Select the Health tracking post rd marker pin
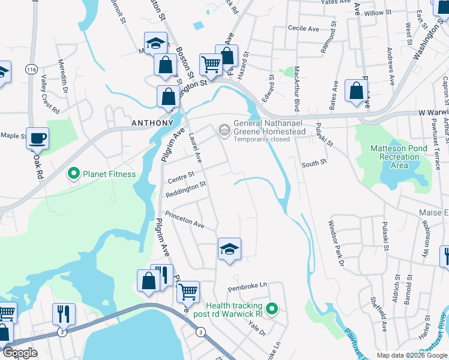click(x=272, y=310)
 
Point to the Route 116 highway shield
click(x=31, y=70)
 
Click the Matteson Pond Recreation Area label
click(x=395, y=156)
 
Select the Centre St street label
click(x=181, y=176)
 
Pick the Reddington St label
click(x=186, y=187)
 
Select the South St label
click(x=313, y=164)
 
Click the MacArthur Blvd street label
click(x=297, y=91)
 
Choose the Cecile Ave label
click(x=303, y=28)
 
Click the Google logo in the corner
click(x=20, y=353)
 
